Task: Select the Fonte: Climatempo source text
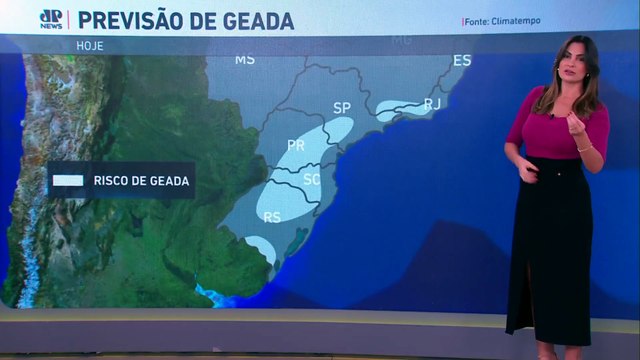pyautogui.click(x=501, y=21)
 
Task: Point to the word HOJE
pyautogui.click(x=89, y=45)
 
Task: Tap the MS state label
pyautogui.click(x=244, y=59)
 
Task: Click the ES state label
pyautogui.click(x=462, y=61)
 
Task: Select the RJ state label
pyautogui.click(x=433, y=103)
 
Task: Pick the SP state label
pyautogui.click(x=342, y=107)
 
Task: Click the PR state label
pyautogui.click(x=296, y=145)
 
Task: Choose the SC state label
pyautogui.click(x=311, y=179)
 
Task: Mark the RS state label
pyautogui.click(x=272, y=216)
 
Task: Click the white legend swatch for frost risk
pyautogui.click(x=68, y=181)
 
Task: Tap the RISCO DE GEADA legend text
pyautogui.click(x=141, y=181)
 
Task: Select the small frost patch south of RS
pyautogui.click(x=260, y=247)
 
